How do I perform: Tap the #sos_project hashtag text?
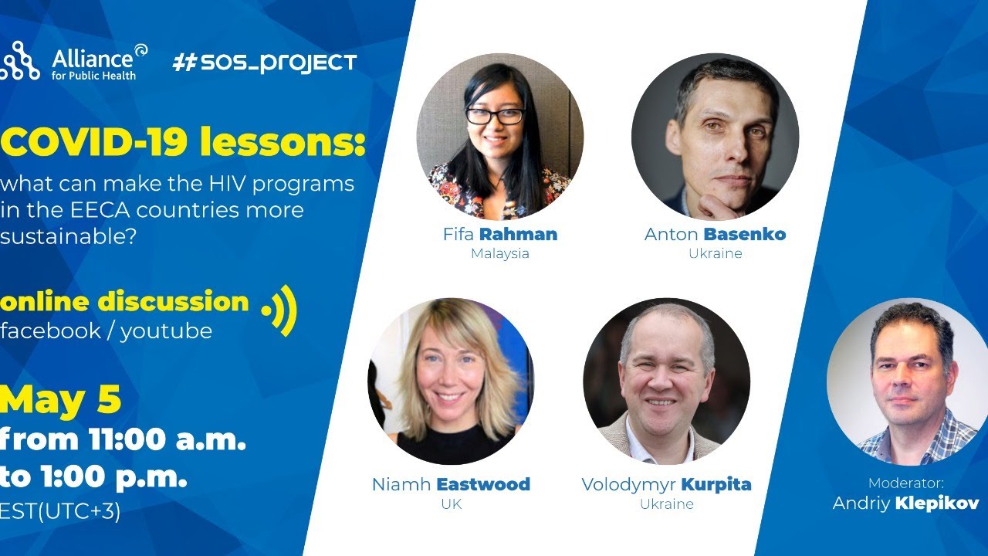264,63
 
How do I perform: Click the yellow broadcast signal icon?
279,310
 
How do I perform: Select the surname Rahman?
518,234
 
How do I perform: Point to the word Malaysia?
499,254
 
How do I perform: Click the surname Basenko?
745,234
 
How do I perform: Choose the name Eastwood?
483,484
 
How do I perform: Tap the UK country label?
452,504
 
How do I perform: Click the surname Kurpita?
716,484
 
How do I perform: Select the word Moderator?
906,483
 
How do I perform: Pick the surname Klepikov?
937,503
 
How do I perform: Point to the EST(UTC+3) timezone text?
60,511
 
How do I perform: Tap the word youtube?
166,331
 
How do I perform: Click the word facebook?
51,331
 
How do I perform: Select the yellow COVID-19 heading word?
93,142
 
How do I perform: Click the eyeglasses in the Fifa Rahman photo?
495,116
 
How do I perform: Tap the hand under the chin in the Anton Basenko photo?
723,205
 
